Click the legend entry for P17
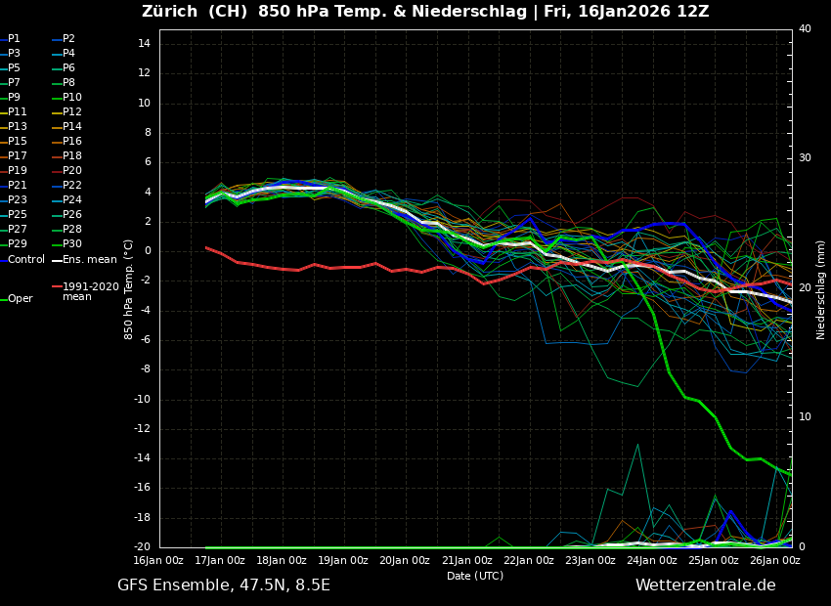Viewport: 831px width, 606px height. point(18,156)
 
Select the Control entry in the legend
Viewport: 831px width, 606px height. point(26,259)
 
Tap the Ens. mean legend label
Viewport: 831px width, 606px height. point(89,259)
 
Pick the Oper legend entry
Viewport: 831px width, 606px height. point(20,299)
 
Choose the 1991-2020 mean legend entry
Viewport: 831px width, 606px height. point(90,291)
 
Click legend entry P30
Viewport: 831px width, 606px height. point(72,244)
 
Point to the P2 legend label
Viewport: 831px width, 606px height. point(68,39)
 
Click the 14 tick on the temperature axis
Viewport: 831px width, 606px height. point(143,44)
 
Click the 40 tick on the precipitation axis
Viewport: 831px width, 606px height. point(805,29)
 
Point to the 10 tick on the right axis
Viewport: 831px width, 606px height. point(805,417)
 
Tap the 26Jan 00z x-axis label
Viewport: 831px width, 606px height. point(774,561)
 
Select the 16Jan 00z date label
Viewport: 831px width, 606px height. point(158,561)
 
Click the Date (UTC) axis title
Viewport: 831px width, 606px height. point(475,576)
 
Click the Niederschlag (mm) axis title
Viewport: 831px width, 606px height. point(821,289)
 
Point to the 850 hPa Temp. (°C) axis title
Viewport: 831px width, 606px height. point(129,289)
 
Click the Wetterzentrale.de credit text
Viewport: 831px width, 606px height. point(705,585)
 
